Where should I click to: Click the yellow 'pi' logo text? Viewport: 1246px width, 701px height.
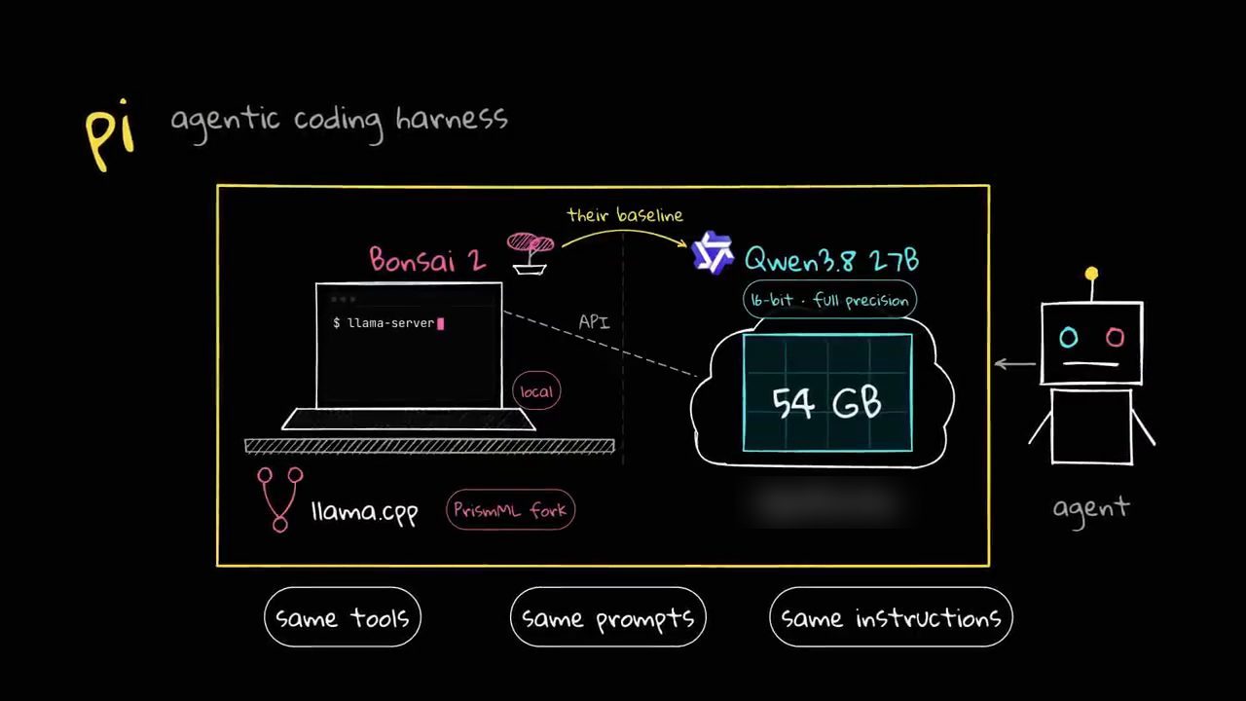111,135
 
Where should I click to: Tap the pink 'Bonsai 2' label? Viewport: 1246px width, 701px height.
427,259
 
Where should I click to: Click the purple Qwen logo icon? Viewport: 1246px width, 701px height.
712,253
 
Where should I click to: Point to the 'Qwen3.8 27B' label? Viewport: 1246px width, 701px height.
831,260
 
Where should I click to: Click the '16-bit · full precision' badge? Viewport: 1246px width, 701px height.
829,300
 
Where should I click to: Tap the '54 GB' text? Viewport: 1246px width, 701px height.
826,402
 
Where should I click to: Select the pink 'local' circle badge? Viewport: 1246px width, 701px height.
536,391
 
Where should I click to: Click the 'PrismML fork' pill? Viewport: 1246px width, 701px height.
510,509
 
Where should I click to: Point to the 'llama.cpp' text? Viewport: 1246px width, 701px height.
365,512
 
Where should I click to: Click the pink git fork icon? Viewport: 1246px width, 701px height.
279,499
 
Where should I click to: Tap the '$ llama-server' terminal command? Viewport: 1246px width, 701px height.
388,323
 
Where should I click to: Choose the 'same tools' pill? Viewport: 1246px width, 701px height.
343,617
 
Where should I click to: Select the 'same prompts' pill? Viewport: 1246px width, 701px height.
608,617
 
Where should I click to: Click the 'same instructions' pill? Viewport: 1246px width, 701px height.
891,617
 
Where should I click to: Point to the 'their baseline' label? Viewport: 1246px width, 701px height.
625,215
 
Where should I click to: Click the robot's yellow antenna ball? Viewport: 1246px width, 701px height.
1091,274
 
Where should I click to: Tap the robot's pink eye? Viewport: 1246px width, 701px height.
1115,337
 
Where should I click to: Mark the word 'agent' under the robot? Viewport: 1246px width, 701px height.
1091,509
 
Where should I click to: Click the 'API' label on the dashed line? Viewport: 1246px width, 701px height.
594,321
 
